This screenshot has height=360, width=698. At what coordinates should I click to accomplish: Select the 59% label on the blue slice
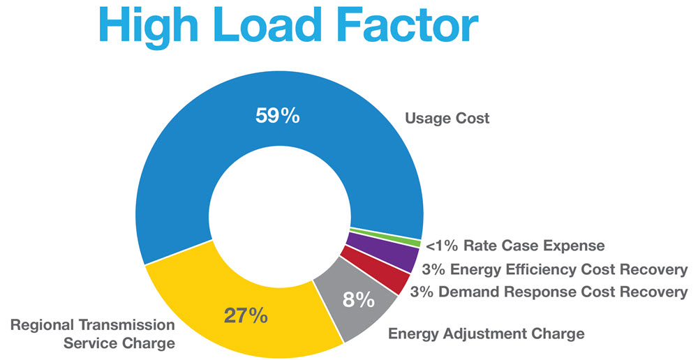click(278, 115)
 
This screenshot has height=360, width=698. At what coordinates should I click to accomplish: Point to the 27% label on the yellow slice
click(246, 315)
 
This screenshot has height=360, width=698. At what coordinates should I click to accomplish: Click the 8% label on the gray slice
click(359, 301)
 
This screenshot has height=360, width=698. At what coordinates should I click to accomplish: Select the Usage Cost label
click(447, 118)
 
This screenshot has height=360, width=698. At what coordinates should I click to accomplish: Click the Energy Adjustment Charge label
click(485, 334)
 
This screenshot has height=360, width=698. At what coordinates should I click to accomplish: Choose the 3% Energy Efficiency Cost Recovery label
click(555, 269)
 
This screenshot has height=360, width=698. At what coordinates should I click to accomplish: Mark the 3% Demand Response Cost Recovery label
click(549, 292)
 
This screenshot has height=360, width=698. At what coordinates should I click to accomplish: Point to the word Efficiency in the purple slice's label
click(540, 269)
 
